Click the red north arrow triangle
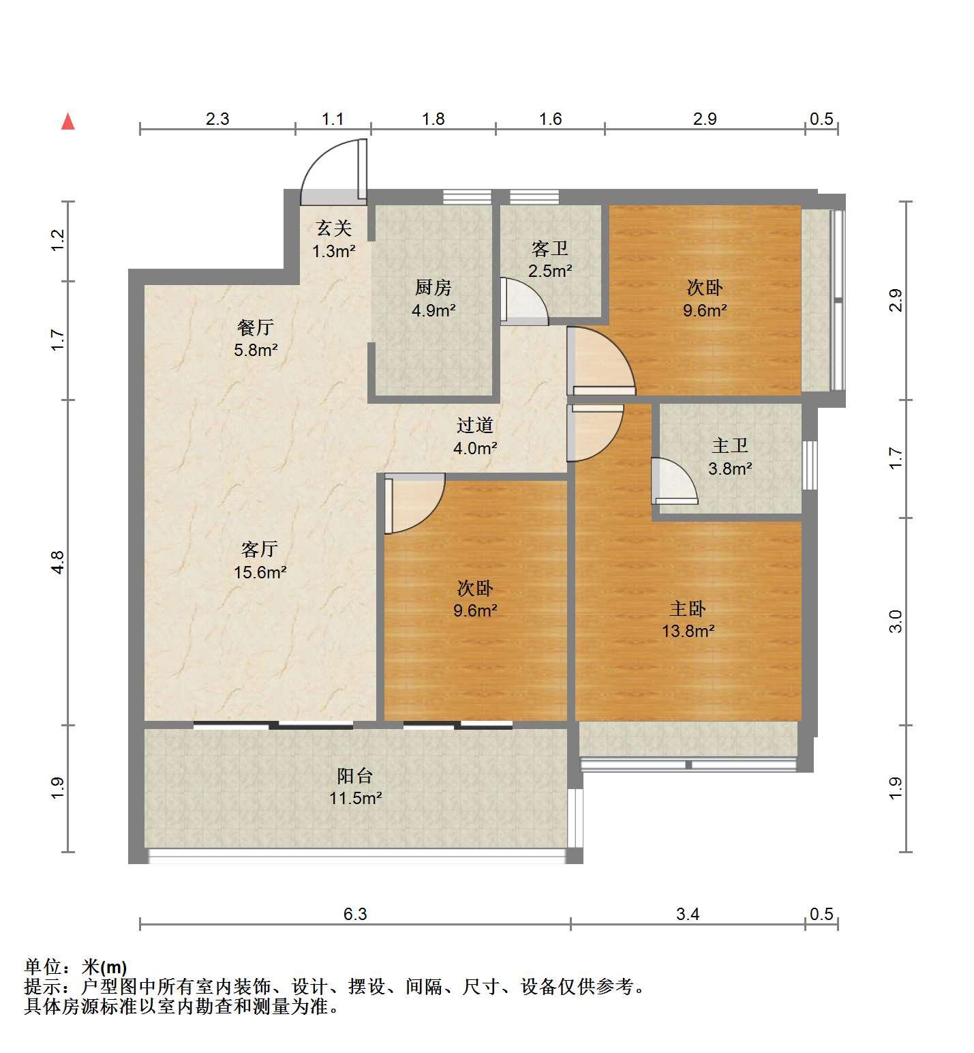[x=67, y=121]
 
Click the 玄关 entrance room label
[x=334, y=228]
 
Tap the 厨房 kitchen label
[x=433, y=287]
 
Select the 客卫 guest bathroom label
[x=550, y=248]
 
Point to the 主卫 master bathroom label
[x=730, y=446]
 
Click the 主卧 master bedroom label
[x=688, y=608]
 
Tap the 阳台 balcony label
[x=355, y=775]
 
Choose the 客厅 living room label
[x=260, y=549]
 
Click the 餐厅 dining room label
[x=256, y=327]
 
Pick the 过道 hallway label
[x=475, y=426]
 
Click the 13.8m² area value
[x=688, y=631]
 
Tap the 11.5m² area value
[x=355, y=798]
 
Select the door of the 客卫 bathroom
[x=523, y=299]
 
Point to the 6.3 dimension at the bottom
[x=355, y=914]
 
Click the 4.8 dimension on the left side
[x=58, y=562]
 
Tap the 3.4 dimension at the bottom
[x=688, y=914]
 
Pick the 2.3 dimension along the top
[x=217, y=119]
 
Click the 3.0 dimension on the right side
[x=896, y=621]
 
